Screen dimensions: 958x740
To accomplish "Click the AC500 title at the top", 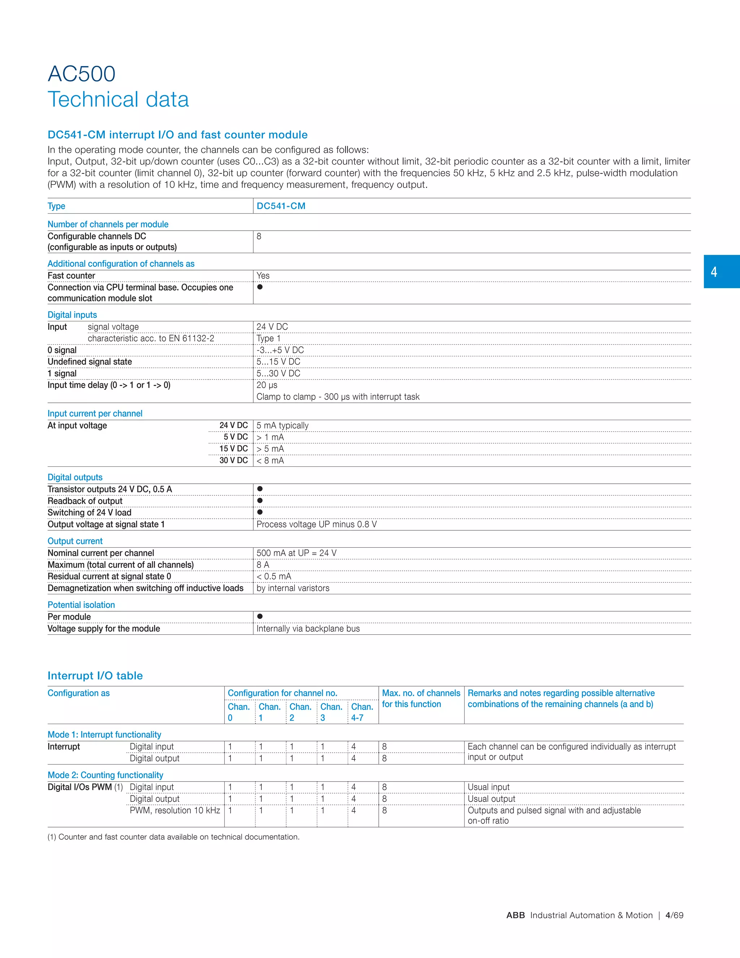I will pyautogui.click(x=82, y=74).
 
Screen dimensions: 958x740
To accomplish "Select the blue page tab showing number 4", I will pyautogui.click(x=721, y=271).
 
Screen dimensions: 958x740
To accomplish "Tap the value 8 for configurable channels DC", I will pyautogui.click(x=259, y=236).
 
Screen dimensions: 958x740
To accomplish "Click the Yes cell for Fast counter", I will pyautogui.click(x=263, y=275).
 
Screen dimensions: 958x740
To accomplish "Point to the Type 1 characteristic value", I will pyautogui.click(x=268, y=338).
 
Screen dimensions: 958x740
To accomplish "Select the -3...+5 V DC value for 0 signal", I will pyautogui.click(x=280, y=350).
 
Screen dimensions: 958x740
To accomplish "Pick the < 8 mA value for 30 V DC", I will pyautogui.click(x=270, y=460).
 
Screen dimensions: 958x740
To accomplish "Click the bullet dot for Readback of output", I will pyautogui.click(x=260, y=500).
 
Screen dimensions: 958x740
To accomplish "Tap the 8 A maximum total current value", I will pyautogui.click(x=263, y=565).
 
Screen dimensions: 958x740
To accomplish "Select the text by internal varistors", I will pyautogui.click(x=292, y=588).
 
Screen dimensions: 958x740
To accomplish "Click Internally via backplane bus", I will pyautogui.click(x=308, y=629).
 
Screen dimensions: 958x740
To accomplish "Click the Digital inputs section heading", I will pyautogui.click(x=72, y=315).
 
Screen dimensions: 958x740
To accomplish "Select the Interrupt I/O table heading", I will pyautogui.click(x=95, y=676).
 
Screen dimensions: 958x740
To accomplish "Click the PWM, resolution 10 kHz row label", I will pyautogui.click(x=175, y=810).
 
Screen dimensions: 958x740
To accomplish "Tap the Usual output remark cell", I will pyautogui.click(x=491, y=799).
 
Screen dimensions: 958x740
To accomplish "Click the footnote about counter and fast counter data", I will pyautogui.click(x=173, y=837).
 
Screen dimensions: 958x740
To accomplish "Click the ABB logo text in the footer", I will pyautogui.click(x=515, y=915).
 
